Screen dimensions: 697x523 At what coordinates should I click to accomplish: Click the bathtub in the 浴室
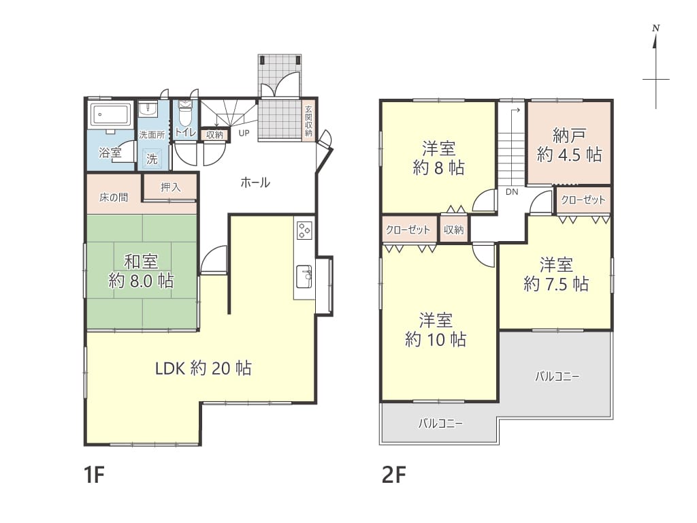coord(111,116)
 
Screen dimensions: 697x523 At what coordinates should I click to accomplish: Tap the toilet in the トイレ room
coord(184,114)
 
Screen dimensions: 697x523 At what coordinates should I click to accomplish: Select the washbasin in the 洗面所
coord(148,109)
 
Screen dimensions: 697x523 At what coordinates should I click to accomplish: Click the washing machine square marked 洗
coord(152,159)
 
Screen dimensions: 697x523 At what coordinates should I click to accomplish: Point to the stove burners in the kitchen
coord(304,230)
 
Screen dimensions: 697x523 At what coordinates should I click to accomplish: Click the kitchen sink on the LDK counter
coord(304,276)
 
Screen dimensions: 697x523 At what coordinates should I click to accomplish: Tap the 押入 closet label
coord(171,187)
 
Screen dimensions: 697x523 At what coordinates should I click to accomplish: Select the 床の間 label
coord(114,197)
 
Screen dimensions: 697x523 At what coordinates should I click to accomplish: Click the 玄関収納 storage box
coord(308,121)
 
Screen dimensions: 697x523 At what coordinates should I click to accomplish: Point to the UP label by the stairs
coord(244,133)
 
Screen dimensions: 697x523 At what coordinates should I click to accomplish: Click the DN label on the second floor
coord(512,192)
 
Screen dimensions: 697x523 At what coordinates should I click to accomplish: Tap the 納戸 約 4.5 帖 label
coord(570,144)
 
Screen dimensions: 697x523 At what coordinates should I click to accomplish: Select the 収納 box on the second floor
coord(454,229)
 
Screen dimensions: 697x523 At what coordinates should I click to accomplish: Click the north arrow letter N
coord(655,29)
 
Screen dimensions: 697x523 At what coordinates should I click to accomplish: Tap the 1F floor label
coord(94,475)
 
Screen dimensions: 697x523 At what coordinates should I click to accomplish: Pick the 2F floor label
coord(394,475)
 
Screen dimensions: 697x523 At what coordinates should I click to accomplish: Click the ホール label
coord(255,183)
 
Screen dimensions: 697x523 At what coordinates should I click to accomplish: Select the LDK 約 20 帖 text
coord(203,368)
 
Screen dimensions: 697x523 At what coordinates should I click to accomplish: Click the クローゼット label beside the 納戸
coord(583,200)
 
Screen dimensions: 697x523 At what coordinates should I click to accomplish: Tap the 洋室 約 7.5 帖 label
coord(556,274)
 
